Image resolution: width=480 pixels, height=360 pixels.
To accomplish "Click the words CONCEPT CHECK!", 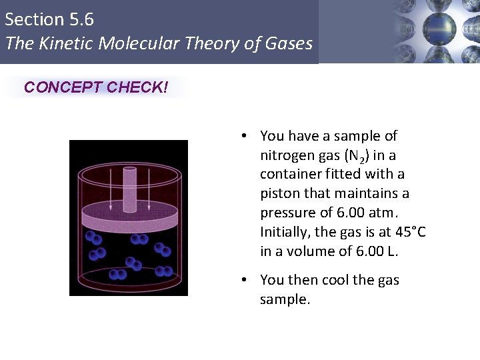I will point(96,87).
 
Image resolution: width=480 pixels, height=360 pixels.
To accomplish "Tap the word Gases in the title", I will point(287,44).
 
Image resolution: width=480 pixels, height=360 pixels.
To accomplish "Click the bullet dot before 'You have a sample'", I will point(245,136).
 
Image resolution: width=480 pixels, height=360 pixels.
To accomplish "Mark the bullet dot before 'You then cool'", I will point(245,280).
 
